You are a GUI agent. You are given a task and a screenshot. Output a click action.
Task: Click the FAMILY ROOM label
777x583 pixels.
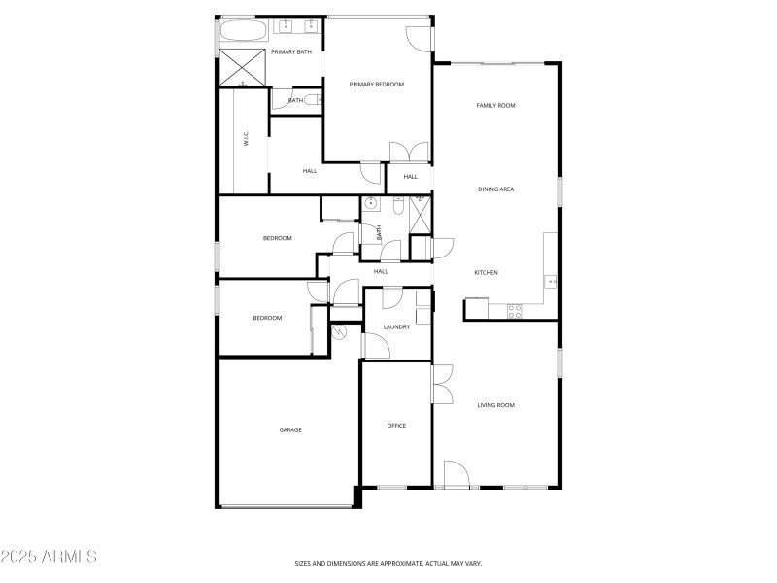click(495, 105)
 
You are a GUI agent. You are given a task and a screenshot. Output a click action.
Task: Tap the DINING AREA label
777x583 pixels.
click(495, 189)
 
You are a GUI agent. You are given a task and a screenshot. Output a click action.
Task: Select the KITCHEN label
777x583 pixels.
click(486, 273)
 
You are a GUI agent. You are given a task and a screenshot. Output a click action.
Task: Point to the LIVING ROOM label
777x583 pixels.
click(495, 405)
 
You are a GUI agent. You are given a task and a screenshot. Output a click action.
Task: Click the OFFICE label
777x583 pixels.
click(396, 426)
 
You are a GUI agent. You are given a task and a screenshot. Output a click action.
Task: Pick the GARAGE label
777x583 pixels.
click(290, 429)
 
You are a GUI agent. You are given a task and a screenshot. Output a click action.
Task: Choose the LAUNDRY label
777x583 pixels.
click(396, 327)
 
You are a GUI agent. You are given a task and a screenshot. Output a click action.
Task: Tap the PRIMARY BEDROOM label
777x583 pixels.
click(377, 85)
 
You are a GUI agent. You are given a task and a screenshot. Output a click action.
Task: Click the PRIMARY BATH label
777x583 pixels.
click(291, 52)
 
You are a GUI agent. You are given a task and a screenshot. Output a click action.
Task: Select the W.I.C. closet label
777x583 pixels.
click(247, 139)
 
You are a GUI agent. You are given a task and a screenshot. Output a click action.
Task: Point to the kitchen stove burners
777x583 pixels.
click(515, 311)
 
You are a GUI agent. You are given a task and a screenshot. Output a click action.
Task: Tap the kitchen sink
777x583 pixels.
click(551, 281)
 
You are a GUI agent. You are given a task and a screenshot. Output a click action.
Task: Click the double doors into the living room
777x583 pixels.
click(442, 382)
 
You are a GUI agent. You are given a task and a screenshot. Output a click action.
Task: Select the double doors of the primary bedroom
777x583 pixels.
click(409, 153)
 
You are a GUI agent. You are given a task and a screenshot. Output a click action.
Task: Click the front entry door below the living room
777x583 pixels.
click(456, 475)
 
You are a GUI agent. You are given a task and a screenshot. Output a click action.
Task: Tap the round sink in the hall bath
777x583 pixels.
click(369, 204)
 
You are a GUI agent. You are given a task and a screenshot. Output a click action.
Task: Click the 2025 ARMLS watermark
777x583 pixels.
click(49, 557)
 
